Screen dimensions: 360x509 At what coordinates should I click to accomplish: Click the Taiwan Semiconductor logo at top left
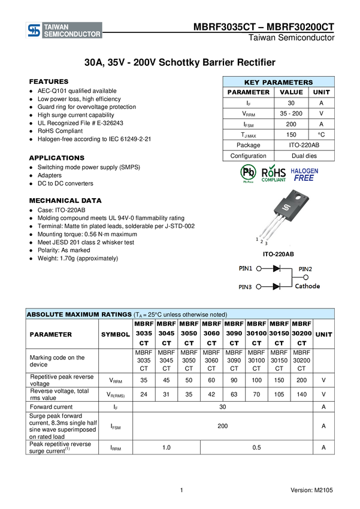pyautogui.click(x=64, y=31)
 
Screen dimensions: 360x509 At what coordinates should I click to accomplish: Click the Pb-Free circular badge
pyautogui.click(x=248, y=172)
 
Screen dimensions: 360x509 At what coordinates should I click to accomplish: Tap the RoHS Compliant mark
pyautogui.click(x=274, y=174)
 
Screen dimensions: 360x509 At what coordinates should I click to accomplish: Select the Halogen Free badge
pyautogui.click(x=304, y=175)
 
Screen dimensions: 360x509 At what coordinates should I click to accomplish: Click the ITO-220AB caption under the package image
pyautogui.click(x=278, y=254)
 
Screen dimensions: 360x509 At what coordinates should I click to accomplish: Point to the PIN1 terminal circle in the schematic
pyautogui.click(x=259, y=268)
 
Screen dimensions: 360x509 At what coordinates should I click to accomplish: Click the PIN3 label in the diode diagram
pyautogui.click(x=245, y=287)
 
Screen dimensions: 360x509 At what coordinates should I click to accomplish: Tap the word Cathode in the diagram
pyautogui.click(x=307, y=286)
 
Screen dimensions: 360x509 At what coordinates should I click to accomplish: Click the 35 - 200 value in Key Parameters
pyautogui.click(x=291, y=113)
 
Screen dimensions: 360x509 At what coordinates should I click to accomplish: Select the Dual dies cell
pyautogui.click(x=304, y=156)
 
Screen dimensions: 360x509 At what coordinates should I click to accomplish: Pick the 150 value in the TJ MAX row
pyautogui.click(x=291, y=134)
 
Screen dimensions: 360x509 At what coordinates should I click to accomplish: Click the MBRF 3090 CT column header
pyautogui.click(x=234, y=334)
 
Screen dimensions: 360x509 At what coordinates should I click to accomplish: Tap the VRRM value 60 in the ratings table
pyautogui.click(x=211, y=380)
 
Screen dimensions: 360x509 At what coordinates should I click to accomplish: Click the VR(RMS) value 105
pyautogui.click(x=279, y=395)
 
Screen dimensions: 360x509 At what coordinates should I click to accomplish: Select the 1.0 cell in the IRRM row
pyautogui.click(x=166, y=448)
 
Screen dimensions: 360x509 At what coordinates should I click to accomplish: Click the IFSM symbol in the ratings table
pyautogui.click(x=116, y=426)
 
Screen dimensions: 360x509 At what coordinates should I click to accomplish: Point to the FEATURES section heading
pyautogui.click(x=49, y=81)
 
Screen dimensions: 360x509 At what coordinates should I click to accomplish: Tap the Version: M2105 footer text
pyautogui.click(x=311, y=490)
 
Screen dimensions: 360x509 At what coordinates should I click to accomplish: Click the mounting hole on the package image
pyautogui.click(x=297, y=198)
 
